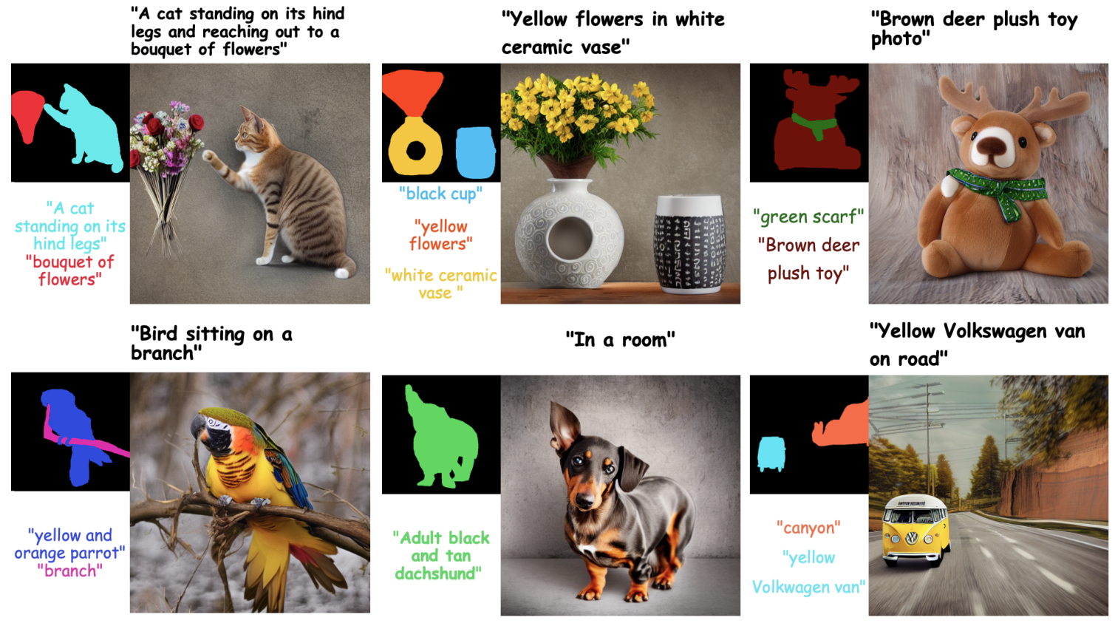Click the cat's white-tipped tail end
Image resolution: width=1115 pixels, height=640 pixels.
click(341, 273)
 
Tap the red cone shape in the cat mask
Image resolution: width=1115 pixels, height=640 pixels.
click(28, 115)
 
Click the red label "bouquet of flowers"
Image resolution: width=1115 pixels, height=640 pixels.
click(69, 270)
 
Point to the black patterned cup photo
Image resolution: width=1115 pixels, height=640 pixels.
click(689, 245)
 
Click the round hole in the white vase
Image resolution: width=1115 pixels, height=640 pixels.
click(570, 239)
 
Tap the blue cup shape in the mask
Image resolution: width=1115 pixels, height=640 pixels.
click(474, 152)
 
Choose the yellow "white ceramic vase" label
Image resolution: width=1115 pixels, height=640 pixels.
click(440, 284)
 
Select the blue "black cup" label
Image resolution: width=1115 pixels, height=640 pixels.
click(440, 194)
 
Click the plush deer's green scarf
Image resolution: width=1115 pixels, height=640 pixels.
click(998, 188)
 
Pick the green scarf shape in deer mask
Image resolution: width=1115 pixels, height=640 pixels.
click(814, 125)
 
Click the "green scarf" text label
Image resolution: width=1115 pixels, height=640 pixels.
click(808, 217)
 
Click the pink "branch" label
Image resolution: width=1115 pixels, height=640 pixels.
click(69, 571)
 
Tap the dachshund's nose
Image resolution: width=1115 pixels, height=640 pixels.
click(584, 500)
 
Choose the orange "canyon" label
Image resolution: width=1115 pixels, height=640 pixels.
click(808, 528)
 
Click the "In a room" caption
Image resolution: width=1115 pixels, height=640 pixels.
click(620, 340)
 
